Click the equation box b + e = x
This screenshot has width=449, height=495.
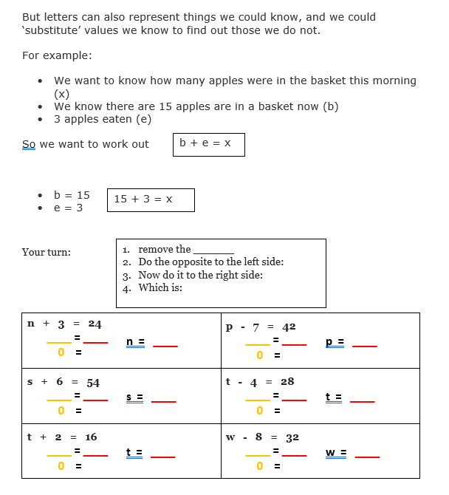point(208,144)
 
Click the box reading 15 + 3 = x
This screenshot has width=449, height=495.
point(151,199)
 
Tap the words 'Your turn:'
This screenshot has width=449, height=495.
point(47,252)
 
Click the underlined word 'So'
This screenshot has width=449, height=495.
point(29,144)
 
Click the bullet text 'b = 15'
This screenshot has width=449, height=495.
point(72,195)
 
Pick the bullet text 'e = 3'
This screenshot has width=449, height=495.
point(69,208)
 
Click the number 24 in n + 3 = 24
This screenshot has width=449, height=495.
point(95,324)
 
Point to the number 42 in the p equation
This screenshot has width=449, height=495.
point(289,326)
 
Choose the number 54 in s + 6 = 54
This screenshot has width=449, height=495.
point(93,382)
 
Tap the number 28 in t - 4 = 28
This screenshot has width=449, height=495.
point(287,381)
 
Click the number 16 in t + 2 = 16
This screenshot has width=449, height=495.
point(91,437)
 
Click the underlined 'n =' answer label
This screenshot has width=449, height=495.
point(135,342)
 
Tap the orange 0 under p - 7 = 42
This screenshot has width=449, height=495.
point(260,355)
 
